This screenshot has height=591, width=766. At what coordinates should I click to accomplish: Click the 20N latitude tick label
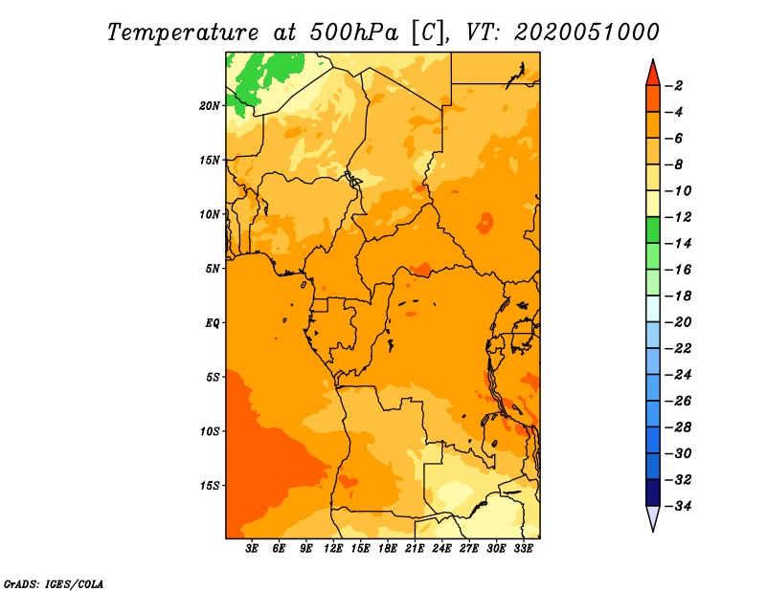pos(210,106)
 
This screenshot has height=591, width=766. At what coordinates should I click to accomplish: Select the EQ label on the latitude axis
pos(213,323)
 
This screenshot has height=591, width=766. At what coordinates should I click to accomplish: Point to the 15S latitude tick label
pos(210,486)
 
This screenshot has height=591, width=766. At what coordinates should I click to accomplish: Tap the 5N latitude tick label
pos(213,269)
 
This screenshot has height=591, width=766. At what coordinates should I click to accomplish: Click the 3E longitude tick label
pos(252,549)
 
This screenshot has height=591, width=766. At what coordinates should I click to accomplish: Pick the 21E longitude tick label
pos(415,549)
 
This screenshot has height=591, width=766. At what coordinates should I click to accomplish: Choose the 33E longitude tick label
pos(523,549)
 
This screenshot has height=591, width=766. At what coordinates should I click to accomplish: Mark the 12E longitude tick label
pos(332,549)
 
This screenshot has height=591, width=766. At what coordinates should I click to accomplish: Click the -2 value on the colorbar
pos(674,86)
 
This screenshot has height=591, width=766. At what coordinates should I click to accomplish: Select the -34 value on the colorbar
pos(678,506)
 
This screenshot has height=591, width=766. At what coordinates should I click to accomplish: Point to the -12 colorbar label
pos(678,217)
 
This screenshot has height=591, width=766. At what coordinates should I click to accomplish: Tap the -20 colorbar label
pos(678,322)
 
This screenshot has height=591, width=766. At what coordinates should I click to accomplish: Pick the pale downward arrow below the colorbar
pos(653,517)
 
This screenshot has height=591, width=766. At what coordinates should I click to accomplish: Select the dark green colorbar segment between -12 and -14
pos(653,230)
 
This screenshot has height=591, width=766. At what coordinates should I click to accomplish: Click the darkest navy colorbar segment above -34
pos(653,492)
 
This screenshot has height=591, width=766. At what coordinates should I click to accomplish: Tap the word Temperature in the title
pos(183,33)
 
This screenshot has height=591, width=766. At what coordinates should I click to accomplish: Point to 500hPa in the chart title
pos(354,33)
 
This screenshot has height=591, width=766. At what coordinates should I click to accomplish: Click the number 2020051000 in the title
pos(587,33)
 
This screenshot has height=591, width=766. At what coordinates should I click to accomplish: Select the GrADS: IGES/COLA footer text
pos(54,583)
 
